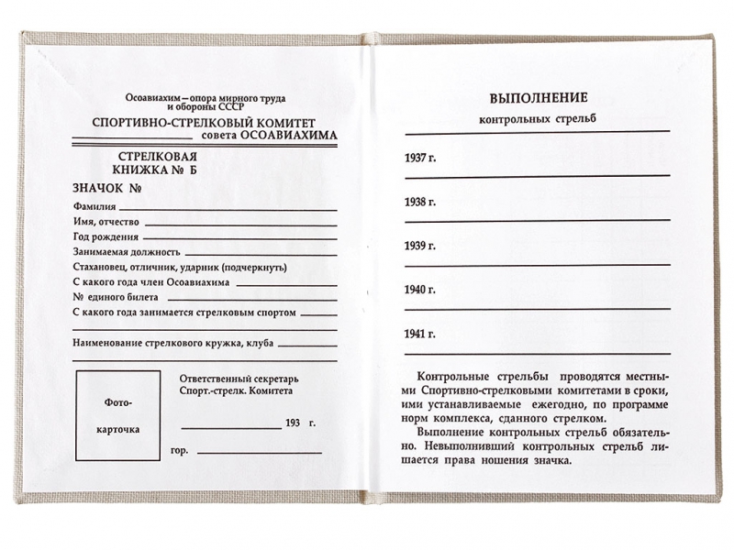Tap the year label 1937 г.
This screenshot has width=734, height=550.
coord(419,159)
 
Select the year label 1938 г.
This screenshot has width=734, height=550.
coord(419,202)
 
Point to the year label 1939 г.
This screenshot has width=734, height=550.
coord(419,246)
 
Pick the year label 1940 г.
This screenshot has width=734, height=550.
coord(419,290)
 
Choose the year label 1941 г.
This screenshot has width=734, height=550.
coord(419,334)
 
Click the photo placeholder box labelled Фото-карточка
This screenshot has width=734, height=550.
coord(116,416)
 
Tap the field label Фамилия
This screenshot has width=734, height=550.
coord(95,207)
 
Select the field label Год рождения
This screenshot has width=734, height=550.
coord(102,236)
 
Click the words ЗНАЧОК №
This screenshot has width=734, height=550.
coord(106,188)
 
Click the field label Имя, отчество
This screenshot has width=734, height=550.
coord(106,222)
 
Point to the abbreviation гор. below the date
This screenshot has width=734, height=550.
coord(180,451)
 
